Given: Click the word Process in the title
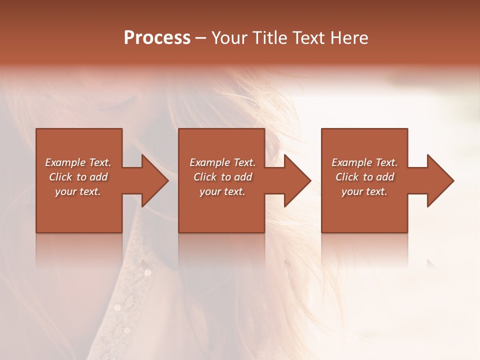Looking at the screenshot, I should [x=157, y=38].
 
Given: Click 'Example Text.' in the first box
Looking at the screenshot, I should [x=78, y=162].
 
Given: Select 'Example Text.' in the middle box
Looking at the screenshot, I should [x=222, y=162].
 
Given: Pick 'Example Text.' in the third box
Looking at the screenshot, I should [x=364, y=162].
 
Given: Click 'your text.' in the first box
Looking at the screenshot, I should [x=78, y=191].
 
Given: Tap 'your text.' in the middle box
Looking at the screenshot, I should [x=222, y=191].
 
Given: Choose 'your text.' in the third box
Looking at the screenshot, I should [x=364, y=191].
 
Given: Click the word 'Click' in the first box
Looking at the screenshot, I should [x=60, y=177].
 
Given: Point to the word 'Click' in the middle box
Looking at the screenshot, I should [x=205, y=177].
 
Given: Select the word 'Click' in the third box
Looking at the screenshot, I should [x=347, y=177].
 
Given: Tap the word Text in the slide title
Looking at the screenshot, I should [x=309, y=38].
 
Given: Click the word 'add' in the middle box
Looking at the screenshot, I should [x=243, y=177].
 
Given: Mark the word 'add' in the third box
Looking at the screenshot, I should [x=385, y=177].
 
